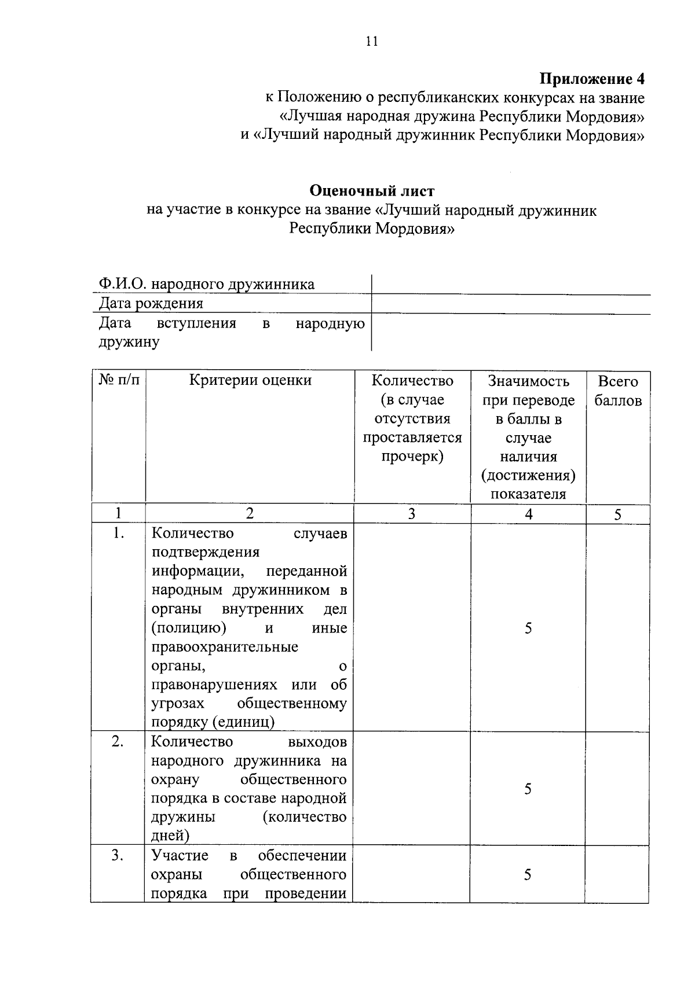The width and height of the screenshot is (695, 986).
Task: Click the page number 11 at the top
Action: (371, 41)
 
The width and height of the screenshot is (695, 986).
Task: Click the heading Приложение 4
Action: (592, 79)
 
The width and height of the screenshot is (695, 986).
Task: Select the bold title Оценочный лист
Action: (371, 191)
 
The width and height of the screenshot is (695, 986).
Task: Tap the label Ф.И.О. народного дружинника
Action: (206, 284)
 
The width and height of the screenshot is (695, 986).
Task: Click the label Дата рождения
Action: (151, 303)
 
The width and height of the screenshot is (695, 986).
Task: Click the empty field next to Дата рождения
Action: (510, 304)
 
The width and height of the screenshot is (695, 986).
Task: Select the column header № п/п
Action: (119, 380)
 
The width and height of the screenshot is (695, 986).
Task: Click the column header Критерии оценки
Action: (250, 380)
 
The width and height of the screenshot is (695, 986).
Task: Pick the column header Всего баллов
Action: (617, 391)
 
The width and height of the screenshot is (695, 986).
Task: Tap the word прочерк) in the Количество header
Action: (412, 457)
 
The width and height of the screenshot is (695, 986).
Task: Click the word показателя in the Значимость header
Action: (528, 494)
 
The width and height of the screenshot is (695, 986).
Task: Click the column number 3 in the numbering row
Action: (412, 514)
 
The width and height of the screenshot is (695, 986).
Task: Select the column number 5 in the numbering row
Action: (617, 514)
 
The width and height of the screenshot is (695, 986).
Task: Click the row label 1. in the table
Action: (118, 533)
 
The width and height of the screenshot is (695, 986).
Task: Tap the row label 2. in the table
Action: (118, 741)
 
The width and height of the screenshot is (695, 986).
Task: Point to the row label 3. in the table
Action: (118, 855)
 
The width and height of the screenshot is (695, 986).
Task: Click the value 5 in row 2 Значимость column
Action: (528, 789)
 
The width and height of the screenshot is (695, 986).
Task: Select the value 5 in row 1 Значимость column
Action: (528, 628)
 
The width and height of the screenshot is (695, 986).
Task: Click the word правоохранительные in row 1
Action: (225, 647)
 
